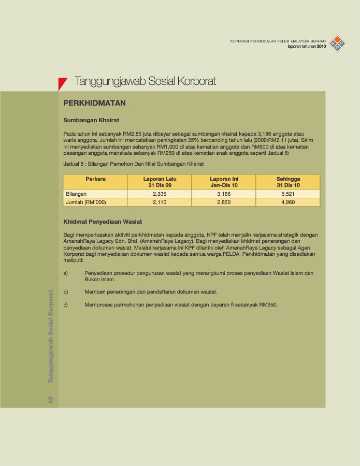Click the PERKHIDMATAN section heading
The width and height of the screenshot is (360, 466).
[x=94, y=104]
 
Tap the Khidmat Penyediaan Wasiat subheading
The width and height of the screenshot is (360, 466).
[x=103, y=222]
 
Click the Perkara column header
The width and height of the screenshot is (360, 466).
[x=95, y=179]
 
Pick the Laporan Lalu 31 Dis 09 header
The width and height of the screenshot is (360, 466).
[x=160, y=182]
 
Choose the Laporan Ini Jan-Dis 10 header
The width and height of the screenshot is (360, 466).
[x=224, y=182]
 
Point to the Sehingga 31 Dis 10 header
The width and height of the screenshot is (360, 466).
[x=288, y=182]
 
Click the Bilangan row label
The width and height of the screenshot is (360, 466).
[x=76, y=194]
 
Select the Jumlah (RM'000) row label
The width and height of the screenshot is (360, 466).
[x=86, y=202]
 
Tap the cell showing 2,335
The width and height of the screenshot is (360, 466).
[x=160, y=194]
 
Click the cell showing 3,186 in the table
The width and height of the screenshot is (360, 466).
[x=224, y=194]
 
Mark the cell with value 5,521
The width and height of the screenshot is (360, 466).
[x=288, y=194]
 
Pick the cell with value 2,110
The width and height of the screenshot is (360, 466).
[x=160, y=202]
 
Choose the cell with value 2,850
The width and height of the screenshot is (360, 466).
[x=224, y=202]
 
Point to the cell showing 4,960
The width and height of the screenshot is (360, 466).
[x=288, y=202]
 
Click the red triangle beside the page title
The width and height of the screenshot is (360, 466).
[x=62, y=83]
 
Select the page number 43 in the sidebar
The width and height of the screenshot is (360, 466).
[x=51, y=400]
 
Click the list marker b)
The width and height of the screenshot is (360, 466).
[x=66, y=292]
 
